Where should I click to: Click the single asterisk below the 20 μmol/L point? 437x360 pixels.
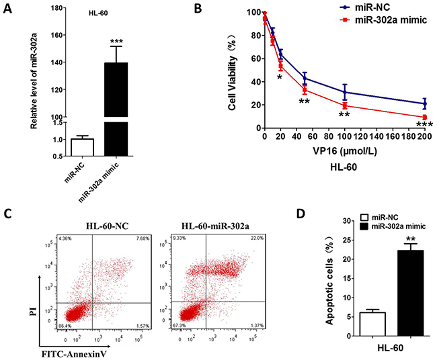(280, 77)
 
